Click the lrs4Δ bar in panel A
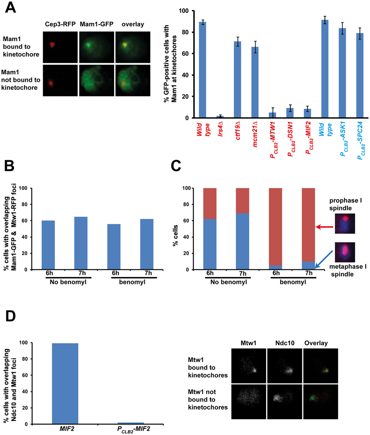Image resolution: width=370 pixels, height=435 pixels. [x=219, y=117]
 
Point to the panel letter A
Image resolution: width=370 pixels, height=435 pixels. [x=11, y=8]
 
